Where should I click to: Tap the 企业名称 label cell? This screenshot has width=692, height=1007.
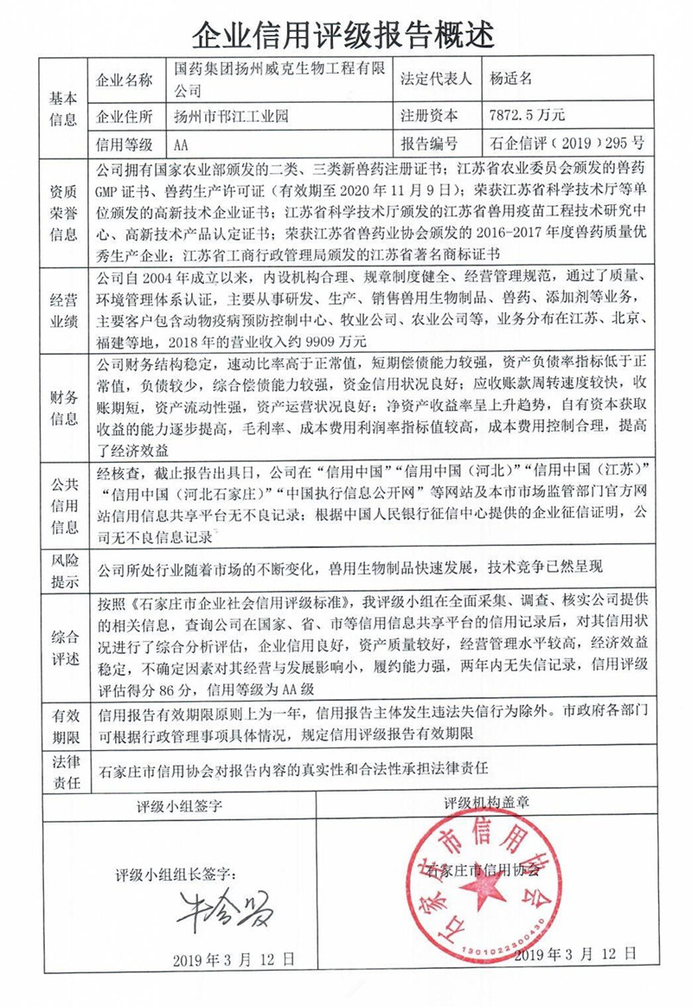point(127,80)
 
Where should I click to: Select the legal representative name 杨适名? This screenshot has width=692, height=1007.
point(511,79)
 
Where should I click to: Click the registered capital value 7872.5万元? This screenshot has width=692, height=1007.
point(527,113)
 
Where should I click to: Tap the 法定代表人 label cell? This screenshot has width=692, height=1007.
point(435,79)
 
